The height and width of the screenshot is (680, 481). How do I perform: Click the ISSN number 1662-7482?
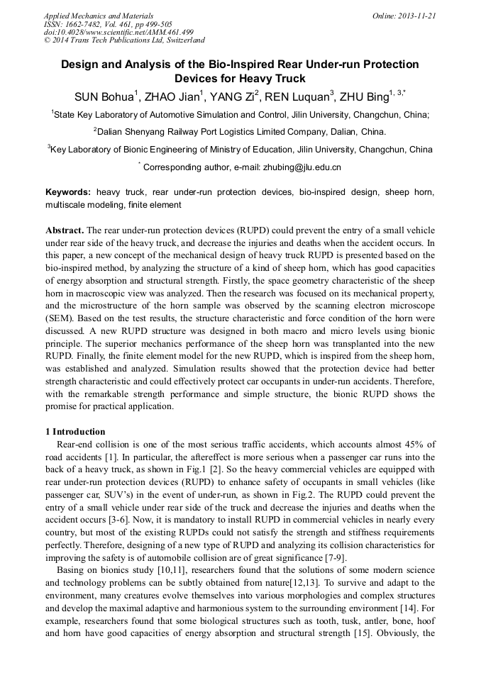pos(88,24)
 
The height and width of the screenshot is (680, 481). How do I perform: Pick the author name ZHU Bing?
pos(365,98)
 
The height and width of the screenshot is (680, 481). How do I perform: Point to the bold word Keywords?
pos(68,193)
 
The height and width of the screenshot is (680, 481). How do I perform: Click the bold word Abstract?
pos(65,231)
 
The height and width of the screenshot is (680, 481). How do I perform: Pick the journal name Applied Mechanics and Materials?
pos(98,16)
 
